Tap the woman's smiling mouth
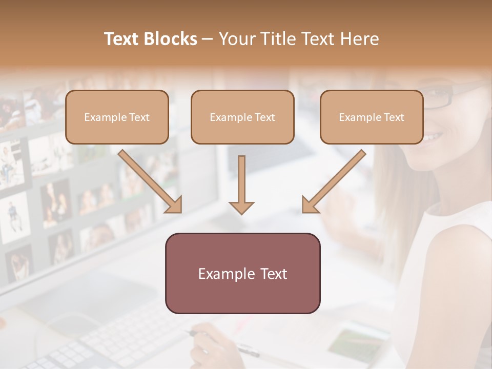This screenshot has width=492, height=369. (435, 137)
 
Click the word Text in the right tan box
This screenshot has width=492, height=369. (394, 117)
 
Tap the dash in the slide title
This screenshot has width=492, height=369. (208, 39)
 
